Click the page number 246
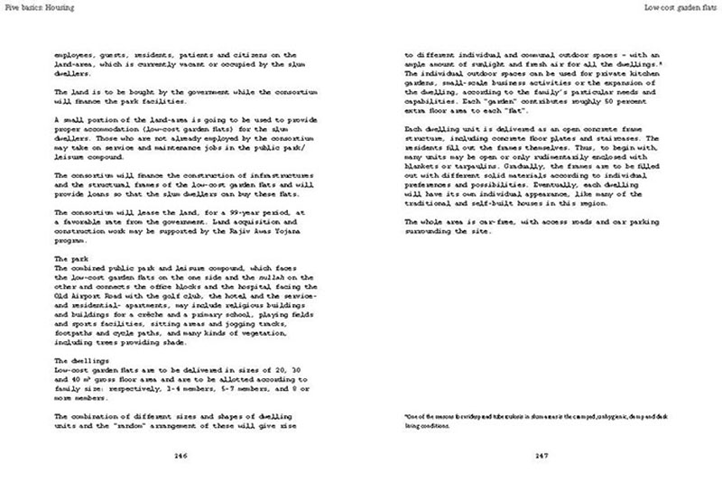pos(180,455)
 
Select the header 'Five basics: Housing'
pos(38,7)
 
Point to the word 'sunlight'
pos(509,65)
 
